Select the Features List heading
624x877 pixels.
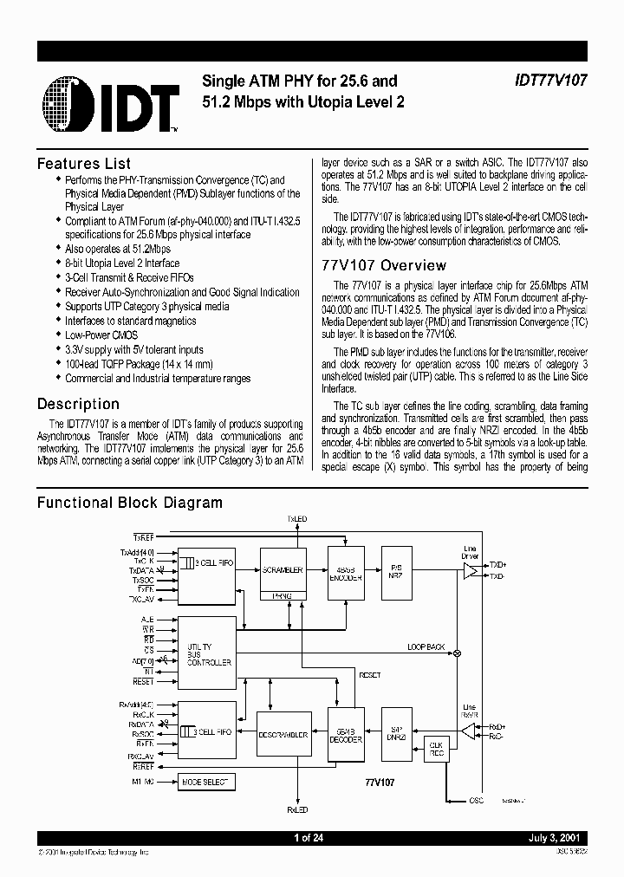[84, 164]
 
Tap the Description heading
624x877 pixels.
[78, 404]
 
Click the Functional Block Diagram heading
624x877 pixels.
[130, 503]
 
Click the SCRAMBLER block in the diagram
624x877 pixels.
[282, 571]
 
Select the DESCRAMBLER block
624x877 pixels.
[283, 734]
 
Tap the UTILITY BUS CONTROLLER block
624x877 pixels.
[209, 655]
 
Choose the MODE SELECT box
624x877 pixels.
[205, 782]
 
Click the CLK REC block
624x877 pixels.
[434, 749]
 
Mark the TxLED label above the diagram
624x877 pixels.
[297, 519]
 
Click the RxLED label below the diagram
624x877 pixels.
[297, 810]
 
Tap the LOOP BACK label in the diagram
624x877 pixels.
[426, 647]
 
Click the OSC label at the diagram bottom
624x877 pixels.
[476, 801]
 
